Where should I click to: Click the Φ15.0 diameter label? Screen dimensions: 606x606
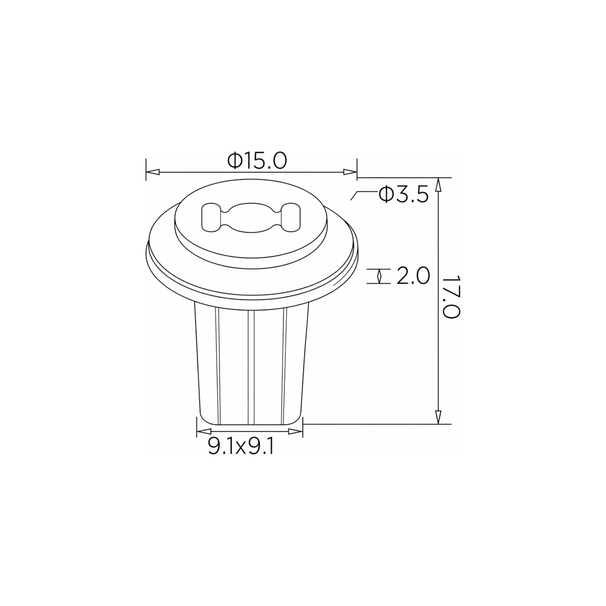pyautogui.click(x=257, y=161)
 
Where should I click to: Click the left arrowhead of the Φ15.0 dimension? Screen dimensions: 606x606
pyautogui.click(x=153, y=172)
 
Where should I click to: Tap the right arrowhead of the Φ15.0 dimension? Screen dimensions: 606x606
pyautogui.click(x=350, y=172)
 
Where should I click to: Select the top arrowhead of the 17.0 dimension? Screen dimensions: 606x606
pyautogui.click(x=439, y=184)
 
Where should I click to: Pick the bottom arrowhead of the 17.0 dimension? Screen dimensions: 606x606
pyautogui.click(x=439, y=417)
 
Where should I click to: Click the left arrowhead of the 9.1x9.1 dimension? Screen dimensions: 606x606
pyautogui.click(x=204, y=432)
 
